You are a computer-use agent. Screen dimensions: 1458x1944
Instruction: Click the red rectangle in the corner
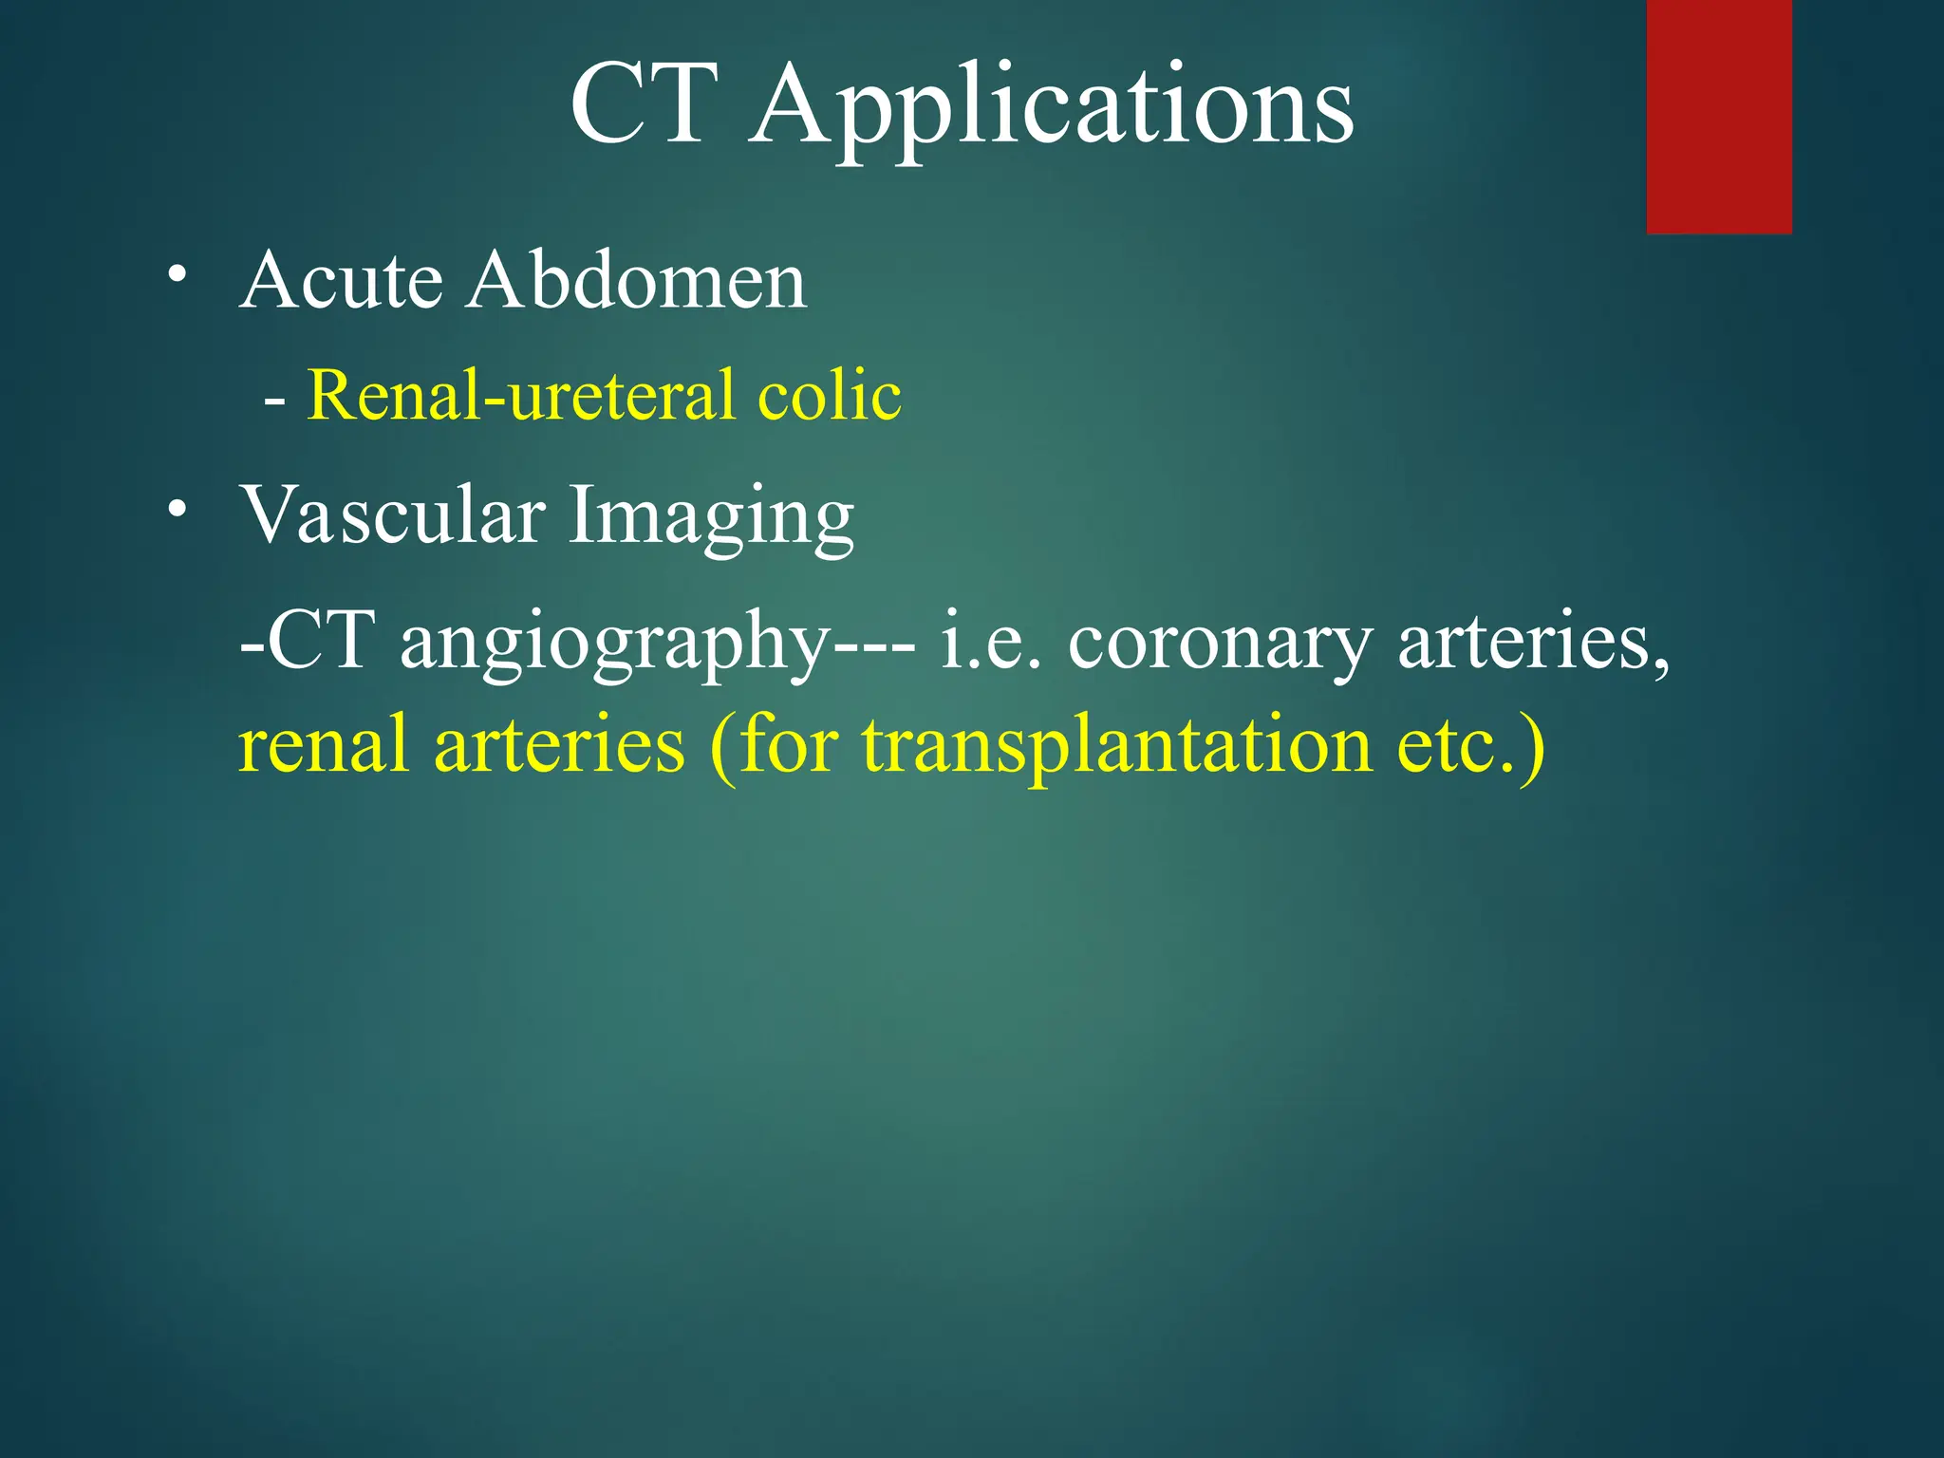[x=1718, y=116]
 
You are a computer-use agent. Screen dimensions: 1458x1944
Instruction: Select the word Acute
[x=341, y=281]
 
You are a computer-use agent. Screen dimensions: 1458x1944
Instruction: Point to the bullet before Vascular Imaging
[x=176, y=509]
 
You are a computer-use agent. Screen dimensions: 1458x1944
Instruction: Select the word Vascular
[x=392, y=516]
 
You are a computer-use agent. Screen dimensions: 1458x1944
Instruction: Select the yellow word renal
[x=323, y=746]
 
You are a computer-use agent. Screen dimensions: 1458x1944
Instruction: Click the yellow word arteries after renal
[x=558, y=746]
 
